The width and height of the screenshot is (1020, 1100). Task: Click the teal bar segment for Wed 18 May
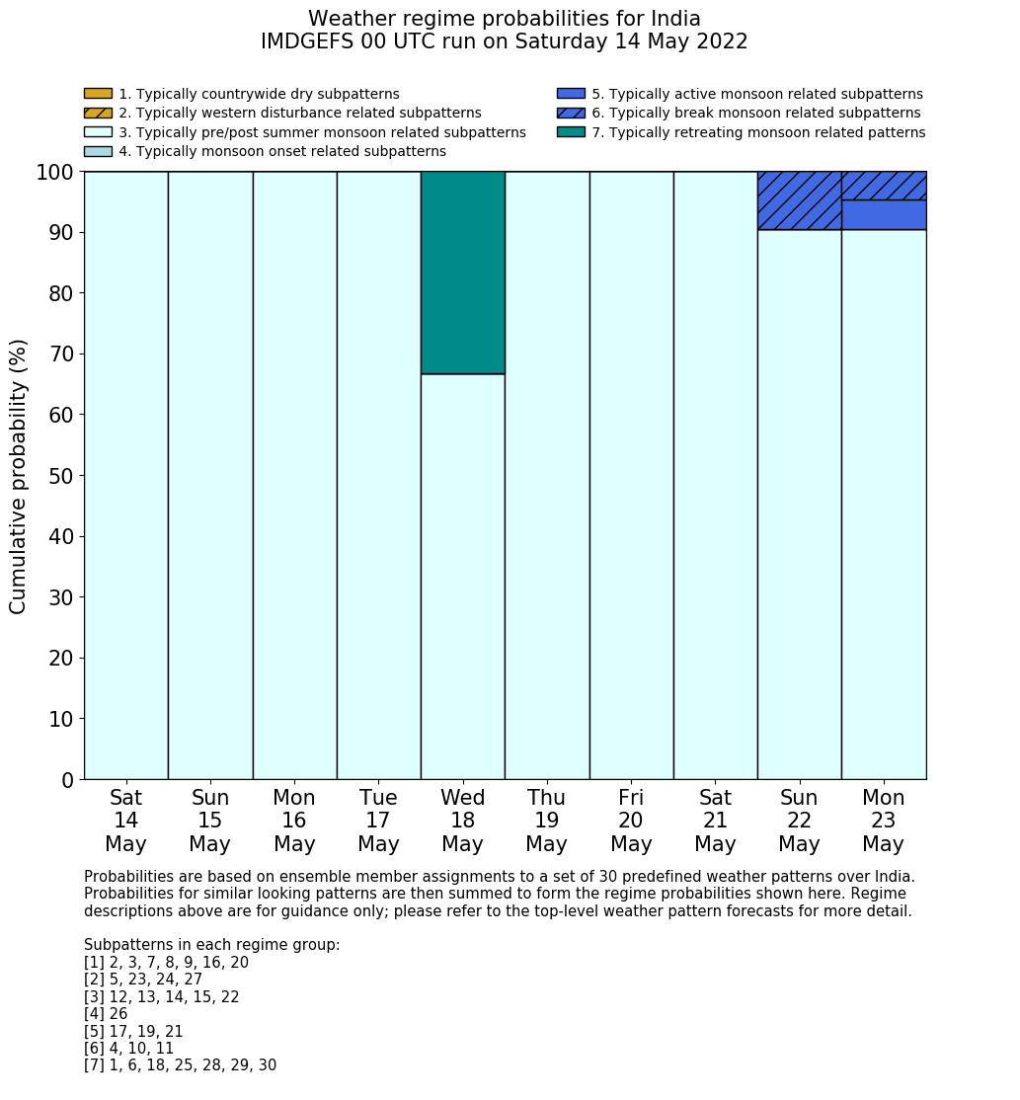[x=462, y=273]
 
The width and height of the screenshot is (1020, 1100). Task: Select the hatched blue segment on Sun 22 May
[x=799, y=200]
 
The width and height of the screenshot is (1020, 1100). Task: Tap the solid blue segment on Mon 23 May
[x=884, y=215]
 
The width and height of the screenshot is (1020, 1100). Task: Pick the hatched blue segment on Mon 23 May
[x=884, y=186]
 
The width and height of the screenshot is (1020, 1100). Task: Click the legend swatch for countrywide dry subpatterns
[x=98, y=94]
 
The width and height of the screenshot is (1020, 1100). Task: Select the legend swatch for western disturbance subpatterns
[x=98, y=114]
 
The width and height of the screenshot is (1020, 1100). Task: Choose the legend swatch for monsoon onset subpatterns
[x=98, y=151]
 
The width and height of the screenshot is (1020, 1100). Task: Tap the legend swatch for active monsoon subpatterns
[x=571, y=94]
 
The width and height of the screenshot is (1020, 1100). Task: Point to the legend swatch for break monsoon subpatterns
[x=571, y=114]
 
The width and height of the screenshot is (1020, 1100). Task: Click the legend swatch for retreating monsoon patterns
[x=571, y=132]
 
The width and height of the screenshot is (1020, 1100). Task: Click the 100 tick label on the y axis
[x=54, y=173]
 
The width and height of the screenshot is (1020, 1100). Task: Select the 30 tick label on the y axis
[x=60, y=597]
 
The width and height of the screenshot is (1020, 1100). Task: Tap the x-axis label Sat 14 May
[x=125, y=821]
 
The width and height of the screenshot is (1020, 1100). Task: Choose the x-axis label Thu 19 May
[x=546, y=821]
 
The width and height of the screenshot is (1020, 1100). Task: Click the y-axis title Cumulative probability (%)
[x=19, y=476]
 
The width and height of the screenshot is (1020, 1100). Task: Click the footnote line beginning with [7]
[x=180, y=1065]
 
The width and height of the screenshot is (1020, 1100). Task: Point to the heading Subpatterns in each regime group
[x=211, y=945]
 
